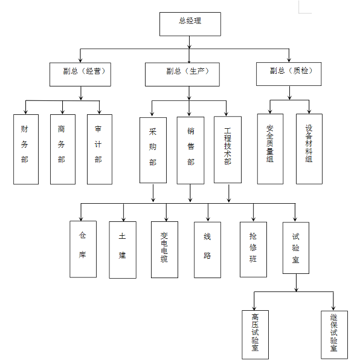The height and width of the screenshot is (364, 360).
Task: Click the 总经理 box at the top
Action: [x=190, y=23]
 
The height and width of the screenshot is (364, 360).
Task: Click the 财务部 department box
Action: [x=25, y=149]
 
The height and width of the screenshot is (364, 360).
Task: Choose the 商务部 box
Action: [x=62, y=149]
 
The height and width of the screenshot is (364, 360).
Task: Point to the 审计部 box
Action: [x=99, y=149]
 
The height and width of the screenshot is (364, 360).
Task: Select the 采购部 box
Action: [x=153, y=149]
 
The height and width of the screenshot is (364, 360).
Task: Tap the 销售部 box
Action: [x=191, y=149]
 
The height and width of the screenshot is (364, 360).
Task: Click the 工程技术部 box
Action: [x=228, y=149]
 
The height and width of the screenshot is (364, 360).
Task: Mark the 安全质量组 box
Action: [x=270, y=148]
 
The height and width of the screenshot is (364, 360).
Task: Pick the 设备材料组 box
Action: [x=309, y=148]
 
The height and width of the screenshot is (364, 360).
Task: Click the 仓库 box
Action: [x=83, y=249]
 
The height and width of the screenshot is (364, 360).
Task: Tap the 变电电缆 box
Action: [x=164, y=249]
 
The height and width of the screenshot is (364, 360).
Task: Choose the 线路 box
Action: [x=208, y=249]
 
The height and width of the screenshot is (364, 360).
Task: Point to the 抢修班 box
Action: [x=253, y=249]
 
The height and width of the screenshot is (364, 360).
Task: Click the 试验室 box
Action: [x=296, y=248]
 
